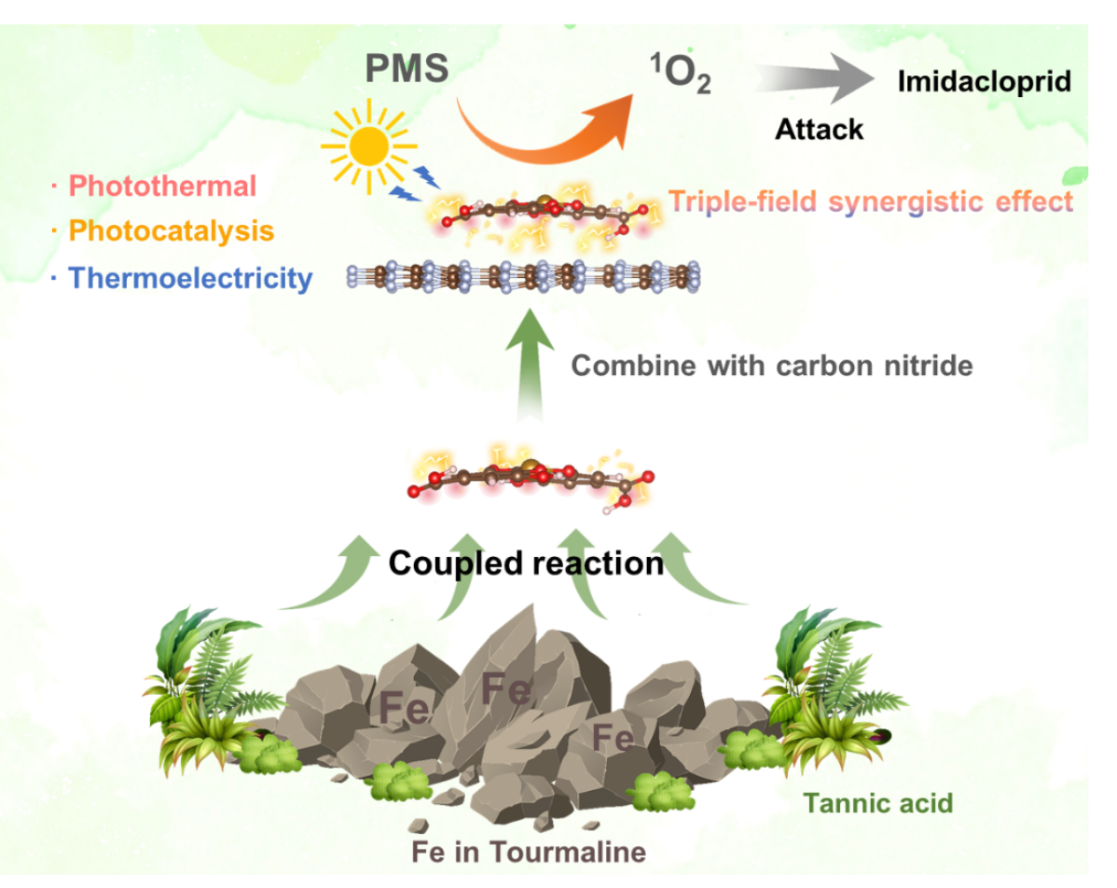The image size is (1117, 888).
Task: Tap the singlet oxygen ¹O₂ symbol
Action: coord(680,75)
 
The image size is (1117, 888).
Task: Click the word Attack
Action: coord(820,129)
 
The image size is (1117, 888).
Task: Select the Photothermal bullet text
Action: coord(162,186)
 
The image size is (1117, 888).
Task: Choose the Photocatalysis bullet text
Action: coord(172,230)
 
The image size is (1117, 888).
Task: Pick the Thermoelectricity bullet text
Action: coord(190,277)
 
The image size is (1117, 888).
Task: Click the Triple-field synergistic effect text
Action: coord(871,201)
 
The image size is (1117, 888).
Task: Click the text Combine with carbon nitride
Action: coord(771,365)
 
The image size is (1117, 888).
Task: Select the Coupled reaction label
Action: coord(526,563)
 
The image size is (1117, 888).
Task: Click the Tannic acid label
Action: coord(878,802)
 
